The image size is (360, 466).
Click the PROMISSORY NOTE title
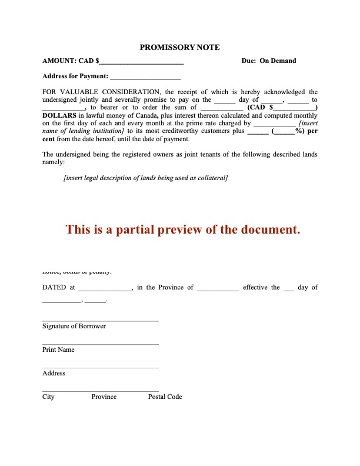click(x=179, y=47)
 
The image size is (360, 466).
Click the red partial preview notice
click(x=183, y=229)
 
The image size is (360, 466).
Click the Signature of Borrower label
click(x=74, y=326)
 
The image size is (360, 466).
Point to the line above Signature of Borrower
click(x=101, y=321)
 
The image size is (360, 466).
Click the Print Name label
click(x=58, y=349)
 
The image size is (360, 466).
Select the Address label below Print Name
click(x=54, y=373)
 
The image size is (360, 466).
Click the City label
click(x=48, y=397)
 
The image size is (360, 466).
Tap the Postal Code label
click(x=165, y=397)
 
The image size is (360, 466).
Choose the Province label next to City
click(x=104, y=397)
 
